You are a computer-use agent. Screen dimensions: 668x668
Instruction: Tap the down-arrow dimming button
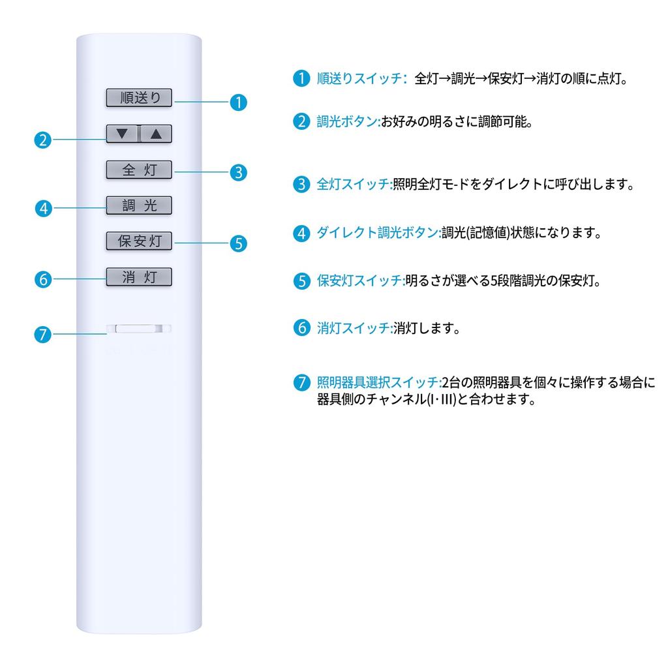tap(123, 134)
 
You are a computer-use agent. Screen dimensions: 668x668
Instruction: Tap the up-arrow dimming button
tap(156, 134)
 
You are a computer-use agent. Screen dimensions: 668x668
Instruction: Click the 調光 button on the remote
tap(139, 205)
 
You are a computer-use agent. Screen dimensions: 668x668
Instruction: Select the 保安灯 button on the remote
tap(139, 241)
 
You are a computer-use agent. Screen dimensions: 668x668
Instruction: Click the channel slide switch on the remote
tap(139, 329)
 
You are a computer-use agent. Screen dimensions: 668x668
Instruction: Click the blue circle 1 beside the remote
tap(239, 102)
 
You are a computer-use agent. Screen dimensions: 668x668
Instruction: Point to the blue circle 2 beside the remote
tap(42, 140)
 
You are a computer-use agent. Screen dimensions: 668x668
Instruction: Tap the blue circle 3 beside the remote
tap(239, 172)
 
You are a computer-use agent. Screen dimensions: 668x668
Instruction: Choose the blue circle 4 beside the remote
tap(42, 209)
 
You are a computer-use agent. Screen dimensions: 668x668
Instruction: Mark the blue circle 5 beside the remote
tap(239, 243)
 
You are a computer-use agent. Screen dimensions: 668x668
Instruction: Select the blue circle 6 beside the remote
tap(42, 279)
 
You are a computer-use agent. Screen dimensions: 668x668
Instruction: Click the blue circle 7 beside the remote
tap(42, 335)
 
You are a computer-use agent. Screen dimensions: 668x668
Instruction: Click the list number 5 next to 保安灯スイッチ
tap(301, 281)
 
